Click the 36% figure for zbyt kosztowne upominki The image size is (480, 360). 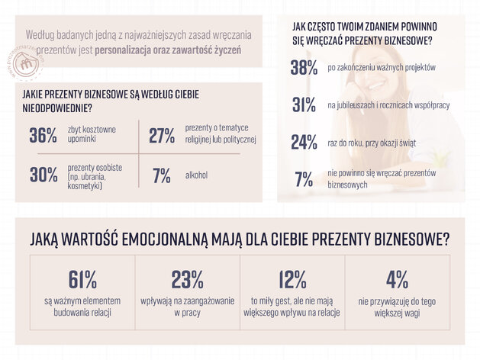click(43, 135)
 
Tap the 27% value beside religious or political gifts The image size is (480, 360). click(162, 135)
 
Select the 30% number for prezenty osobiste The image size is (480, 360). click(43, 175)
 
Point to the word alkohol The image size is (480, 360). click(196, 175)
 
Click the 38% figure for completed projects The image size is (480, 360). click(304, 67)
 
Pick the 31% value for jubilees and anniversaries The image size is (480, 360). click(304, 105)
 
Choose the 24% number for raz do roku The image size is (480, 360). click(304, 142)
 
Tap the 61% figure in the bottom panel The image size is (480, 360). click(82, 279)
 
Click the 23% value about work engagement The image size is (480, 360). click(187, 279)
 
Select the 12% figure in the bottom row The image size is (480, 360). click(292, 279)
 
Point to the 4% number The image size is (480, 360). click(397, 279)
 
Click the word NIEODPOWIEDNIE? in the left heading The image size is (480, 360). click(57, 108)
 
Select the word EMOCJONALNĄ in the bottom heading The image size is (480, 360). click(164, 239)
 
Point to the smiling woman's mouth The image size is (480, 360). click(377, 85)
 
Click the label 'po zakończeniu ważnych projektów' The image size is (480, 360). click(382, 67)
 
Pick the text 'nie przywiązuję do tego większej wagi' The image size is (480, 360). click(397, 307)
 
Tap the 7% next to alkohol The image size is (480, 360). click(162, 175)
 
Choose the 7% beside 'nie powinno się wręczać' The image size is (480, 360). click(304, 179)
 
